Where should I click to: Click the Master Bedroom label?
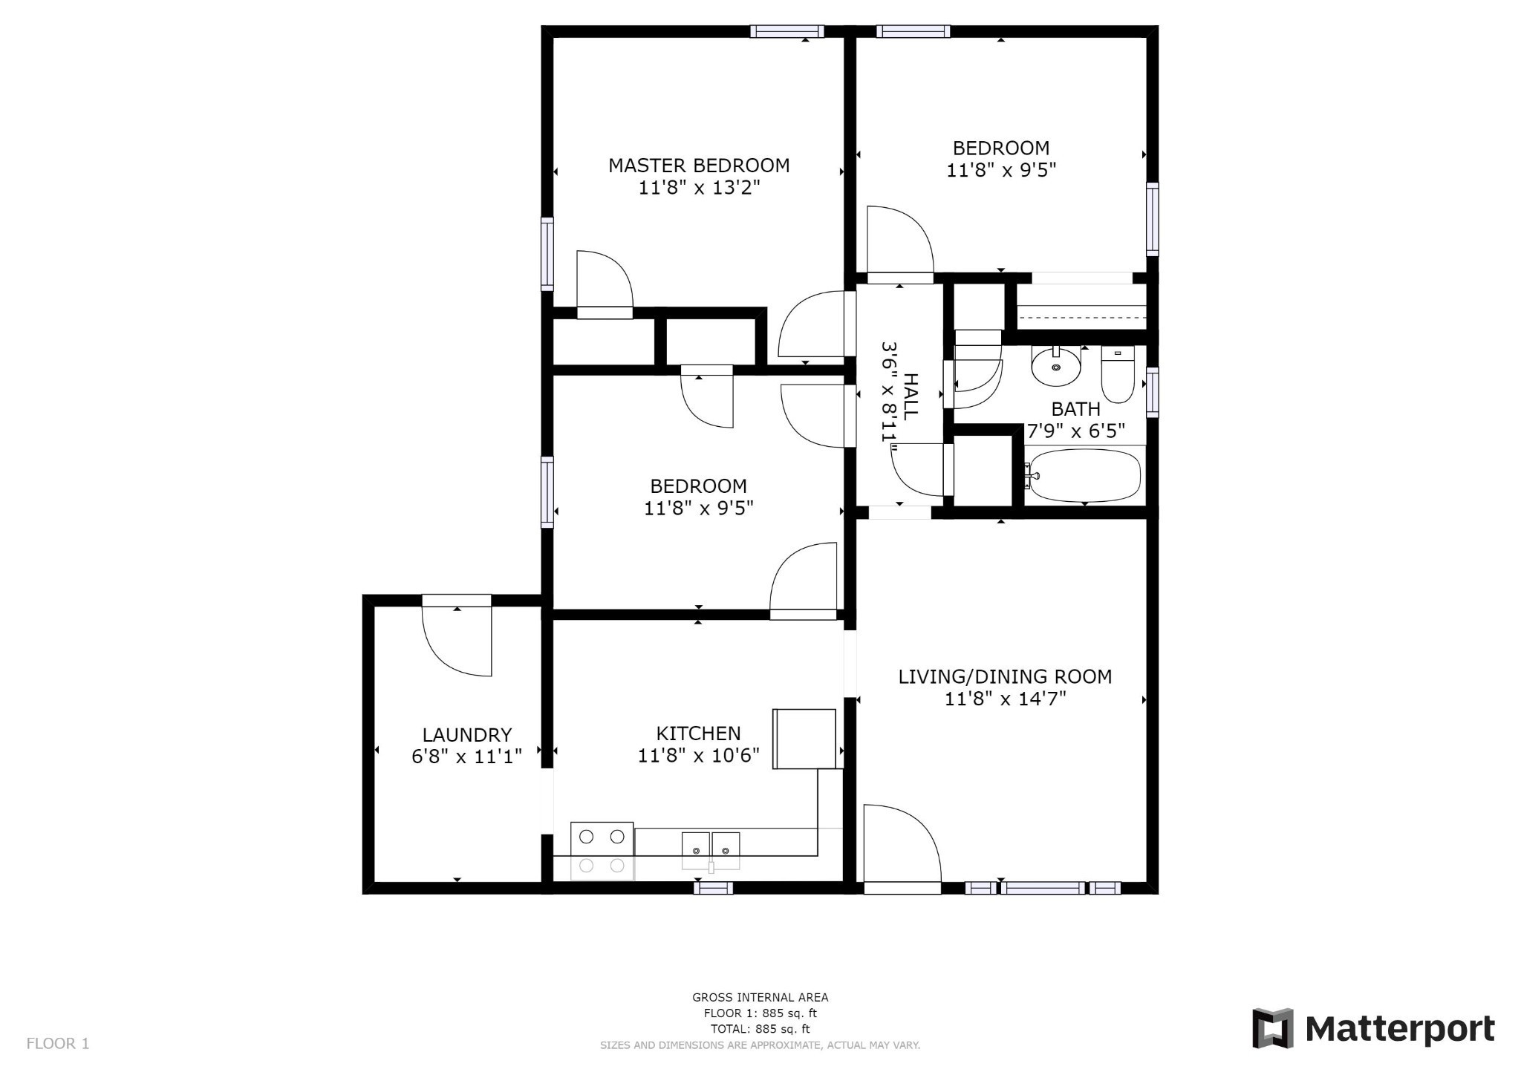pyautogui.click(x=699, y=166)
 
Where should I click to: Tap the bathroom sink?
pyautogui.click(x=1055, y=367)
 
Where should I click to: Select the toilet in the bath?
pyautogui.click(x=1117, y=374)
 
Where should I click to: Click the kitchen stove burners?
pyautogui.click(x=602, y=851)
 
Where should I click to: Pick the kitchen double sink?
pyautogui.click(x=711, y=850)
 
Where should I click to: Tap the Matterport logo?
pyautogui.click(x=1373, y=1029)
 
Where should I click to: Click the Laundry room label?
pyautogui.click(x=467, y=735)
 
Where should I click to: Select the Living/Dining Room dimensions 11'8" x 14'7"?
pyautogui.click(x=1006, y=699)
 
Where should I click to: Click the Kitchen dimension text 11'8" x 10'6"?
pyautogui.click(x=699, y=756)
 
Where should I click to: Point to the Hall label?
pyautogui.click(x=911, y=396)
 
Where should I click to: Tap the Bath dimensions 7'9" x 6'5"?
pyautogui.click(x=1075, y=431)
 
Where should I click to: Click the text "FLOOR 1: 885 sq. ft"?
pyautogui.click(x=760, y=1013)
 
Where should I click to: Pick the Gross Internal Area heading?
pyautogui.click(x=760, y=998)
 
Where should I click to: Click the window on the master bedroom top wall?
pyautogui.click(x=786, y=31)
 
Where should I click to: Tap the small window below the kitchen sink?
pyautogui.click(x=714, y=888)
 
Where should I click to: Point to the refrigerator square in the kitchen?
pyautogui.click(x=804, y=739)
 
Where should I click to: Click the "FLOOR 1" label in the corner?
pyautogui.click(x=58, y=1044)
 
